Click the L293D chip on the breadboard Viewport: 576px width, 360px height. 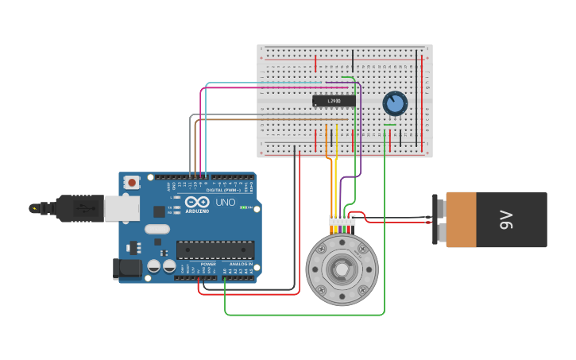point(334,101)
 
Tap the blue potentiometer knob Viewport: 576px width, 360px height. point(394,103)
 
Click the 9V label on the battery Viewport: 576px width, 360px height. point(506,219)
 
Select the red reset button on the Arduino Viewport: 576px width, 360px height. point(132,182)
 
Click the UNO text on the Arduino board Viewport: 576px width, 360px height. point(226,202)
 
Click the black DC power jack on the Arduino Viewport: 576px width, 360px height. point(127,269)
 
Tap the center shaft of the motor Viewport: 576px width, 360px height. point(342,269)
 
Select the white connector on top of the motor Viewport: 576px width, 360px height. point(342,220)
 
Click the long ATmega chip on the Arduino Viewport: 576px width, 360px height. point(215,250)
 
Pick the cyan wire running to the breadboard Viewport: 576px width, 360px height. point(262,83)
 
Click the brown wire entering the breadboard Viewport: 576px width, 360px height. point(238,121)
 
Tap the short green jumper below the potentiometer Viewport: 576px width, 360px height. point(389,124)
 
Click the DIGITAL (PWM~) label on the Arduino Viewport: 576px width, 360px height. point(226,190)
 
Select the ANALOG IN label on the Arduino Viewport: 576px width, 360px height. point(241,264)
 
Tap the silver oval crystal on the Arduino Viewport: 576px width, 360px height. point(157,229)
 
